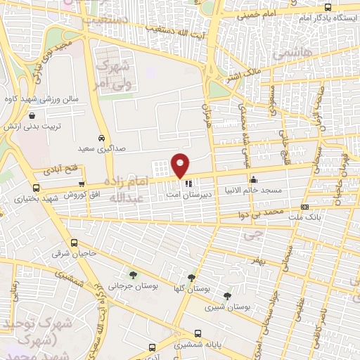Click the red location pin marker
click(x=181, y=165)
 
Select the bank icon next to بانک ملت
click(x=304, y=207)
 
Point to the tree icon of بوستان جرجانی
click(x=134, y=275)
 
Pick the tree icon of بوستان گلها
click(x=192, y=278)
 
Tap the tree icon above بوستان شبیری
click(x=226, y=296)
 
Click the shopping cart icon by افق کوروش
click(x=82, y=184)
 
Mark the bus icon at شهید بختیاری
click(x=36, y=188)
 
